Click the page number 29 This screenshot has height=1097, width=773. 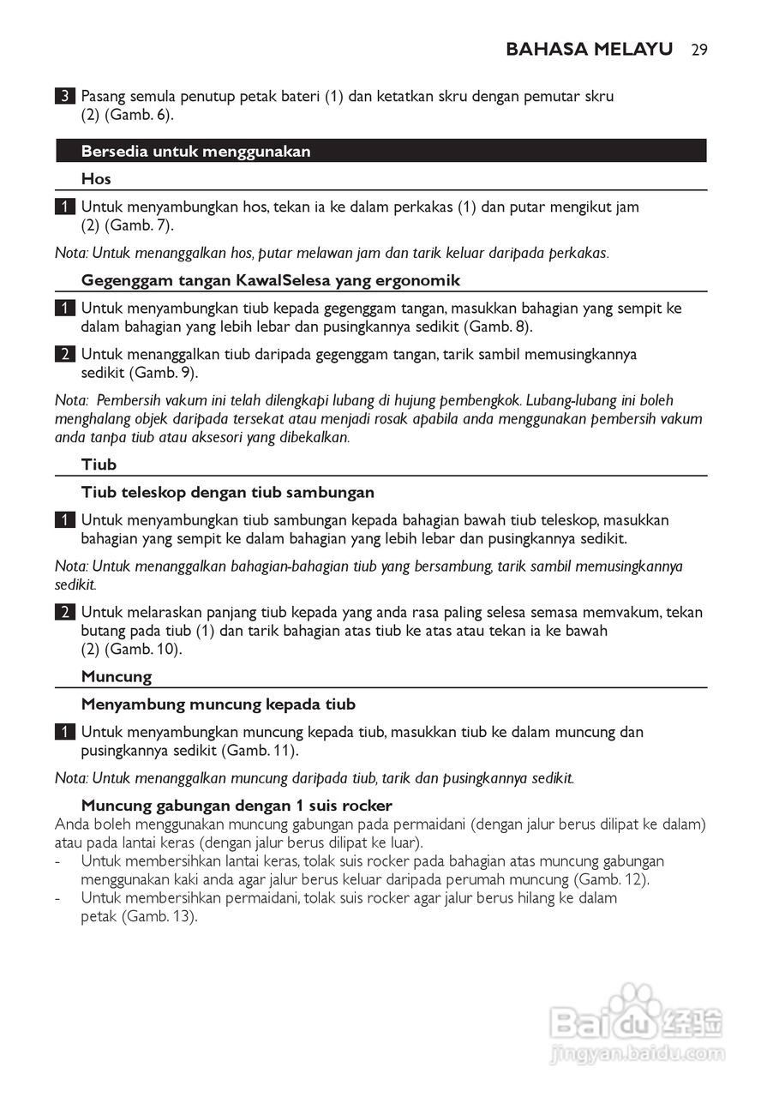click(698, 49)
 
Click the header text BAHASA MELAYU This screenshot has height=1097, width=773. click(589, 49)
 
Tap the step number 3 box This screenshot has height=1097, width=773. click(63, 97)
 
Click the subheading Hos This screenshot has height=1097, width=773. click(96, 179)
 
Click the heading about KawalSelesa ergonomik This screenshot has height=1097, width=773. click(270, 280)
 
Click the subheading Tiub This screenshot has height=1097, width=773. click(99, 465)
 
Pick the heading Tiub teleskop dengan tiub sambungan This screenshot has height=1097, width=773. click(227, 492)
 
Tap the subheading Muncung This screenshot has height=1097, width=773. click(116, 676)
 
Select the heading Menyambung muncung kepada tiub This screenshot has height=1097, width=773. click(218, 704)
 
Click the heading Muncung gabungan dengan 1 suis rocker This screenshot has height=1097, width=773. click(237, 806)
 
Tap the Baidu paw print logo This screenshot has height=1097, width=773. click(633, 1008)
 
